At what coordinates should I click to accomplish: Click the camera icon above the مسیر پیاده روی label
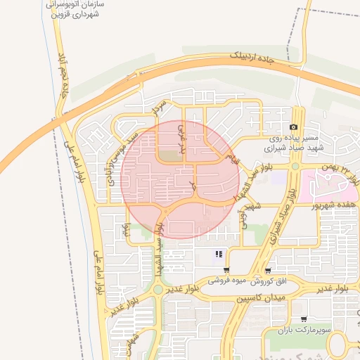pyautogui.click(x=293, y=126)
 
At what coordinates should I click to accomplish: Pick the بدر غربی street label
pyautogui.click(x=182, y=139)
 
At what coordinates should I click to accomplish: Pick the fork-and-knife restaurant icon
pyautogui.click(x=219, y=255)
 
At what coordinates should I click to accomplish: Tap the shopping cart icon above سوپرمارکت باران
pyautogui.click(x=303, y=318)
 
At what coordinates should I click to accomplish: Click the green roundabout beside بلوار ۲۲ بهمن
pyautogui.click(x=295, y=167)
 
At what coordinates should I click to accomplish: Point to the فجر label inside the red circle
pyautogui.click(x=191, y=186)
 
